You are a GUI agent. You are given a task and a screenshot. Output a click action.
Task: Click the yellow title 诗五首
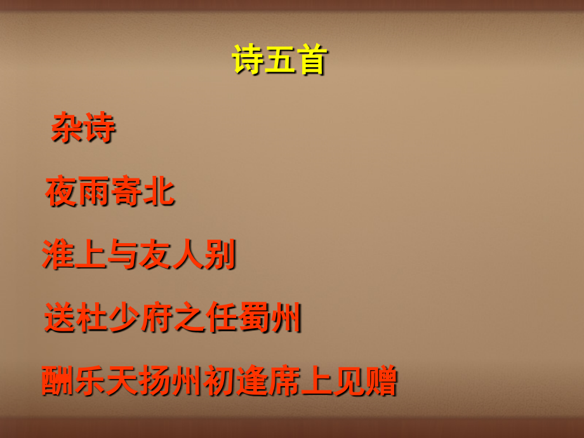pyautogui.click(x=279, y=61)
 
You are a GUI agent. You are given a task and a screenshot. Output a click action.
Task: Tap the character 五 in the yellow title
pyautogui.click(x=279, y=61)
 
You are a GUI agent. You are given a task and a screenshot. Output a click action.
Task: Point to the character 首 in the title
pyautogui.click(x=310, y=61)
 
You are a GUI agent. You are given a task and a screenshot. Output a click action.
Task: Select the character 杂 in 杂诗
pyautogui.click(x=67, y=128)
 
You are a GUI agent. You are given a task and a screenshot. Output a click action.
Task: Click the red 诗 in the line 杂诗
pyautogui.click(x=99, y=128)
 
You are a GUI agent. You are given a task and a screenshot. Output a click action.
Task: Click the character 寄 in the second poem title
pyautogui.click(x=126, y=192)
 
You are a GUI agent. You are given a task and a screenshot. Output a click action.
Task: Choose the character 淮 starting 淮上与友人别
pyautogui.click(x=58, y=255)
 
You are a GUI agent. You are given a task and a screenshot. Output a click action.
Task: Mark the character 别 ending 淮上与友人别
pyautogui.click(x=220, y=255)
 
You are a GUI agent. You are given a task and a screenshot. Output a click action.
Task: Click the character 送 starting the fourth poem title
pyautogui.click(x=60, y=319)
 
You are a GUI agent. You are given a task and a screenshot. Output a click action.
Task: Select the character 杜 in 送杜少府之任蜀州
pyautogui.click(x=93, y=319)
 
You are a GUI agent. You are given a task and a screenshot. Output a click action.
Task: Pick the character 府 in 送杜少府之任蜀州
pyautogui.click(x=157, y=319)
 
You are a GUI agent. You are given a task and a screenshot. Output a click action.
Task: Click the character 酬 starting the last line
pyautogui.click(x=58, y=382)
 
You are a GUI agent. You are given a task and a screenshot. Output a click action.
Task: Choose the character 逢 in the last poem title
pyautogui.click(x=251, y=382)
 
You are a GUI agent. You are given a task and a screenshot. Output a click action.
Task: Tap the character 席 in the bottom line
pyautogui.click(x=284, y=382)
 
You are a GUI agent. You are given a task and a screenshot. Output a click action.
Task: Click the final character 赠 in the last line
pyautogui.click(x=380, y=382)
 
